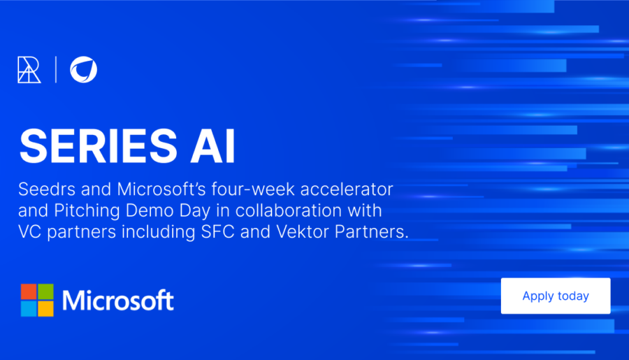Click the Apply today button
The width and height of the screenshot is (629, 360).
pos(556,296)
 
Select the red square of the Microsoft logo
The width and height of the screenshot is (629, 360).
pos(29,291)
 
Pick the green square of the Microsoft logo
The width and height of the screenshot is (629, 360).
pos(45,291)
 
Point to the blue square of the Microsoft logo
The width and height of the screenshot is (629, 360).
pos(29,309)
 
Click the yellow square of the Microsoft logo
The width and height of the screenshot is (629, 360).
pos(45,309)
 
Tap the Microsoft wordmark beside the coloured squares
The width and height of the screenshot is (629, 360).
pos(118,300)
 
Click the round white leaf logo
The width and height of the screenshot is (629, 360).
pos(83,69)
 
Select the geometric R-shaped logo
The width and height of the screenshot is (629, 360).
pos(29,70)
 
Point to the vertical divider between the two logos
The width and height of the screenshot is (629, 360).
pos(56,69)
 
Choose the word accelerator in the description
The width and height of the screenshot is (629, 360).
pos(347,189)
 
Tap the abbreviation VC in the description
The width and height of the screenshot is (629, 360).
pos(29,232)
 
